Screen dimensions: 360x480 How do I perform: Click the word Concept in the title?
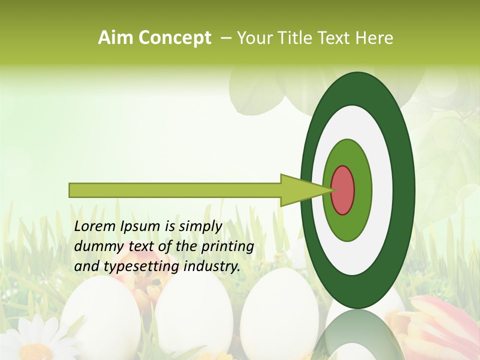[x=174, y=38]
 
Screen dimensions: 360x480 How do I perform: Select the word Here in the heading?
[x=375, y=38]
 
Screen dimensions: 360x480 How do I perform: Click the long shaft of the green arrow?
[x=175, y=190]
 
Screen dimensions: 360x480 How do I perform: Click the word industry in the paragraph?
[x=212, y=267]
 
